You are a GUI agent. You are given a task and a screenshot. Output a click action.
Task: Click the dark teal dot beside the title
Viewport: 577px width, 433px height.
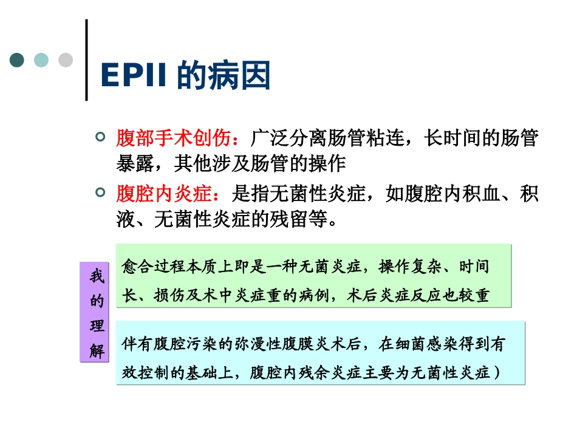pos(17,60)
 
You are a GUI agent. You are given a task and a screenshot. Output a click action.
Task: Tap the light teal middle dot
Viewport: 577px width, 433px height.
pos(41,60)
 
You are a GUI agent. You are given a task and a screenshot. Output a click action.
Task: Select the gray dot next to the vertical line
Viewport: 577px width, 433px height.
pos(66,60)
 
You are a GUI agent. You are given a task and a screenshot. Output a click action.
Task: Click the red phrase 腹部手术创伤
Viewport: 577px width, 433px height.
pos(174,139)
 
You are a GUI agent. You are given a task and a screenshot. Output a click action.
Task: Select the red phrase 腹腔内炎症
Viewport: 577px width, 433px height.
pos(165,194)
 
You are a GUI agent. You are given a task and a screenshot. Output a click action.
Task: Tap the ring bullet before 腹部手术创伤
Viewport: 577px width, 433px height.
pos(101,137)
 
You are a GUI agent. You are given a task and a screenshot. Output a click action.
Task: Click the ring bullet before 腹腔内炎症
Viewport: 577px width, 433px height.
pos(101,193)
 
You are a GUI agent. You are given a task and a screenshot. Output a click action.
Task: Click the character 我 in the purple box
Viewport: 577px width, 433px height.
pos(97,277)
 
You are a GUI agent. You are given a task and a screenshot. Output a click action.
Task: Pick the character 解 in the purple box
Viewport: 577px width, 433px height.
pos(97,351)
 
